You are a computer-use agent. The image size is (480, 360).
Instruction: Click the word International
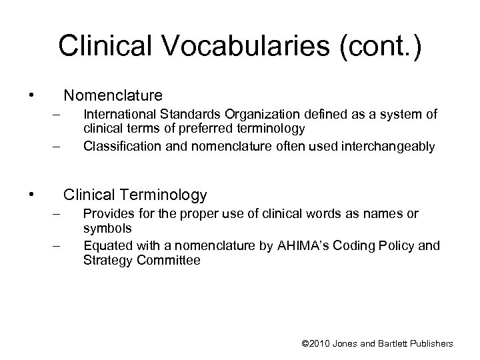(116, 115)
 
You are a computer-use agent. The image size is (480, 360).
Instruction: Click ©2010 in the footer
(317, 343)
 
